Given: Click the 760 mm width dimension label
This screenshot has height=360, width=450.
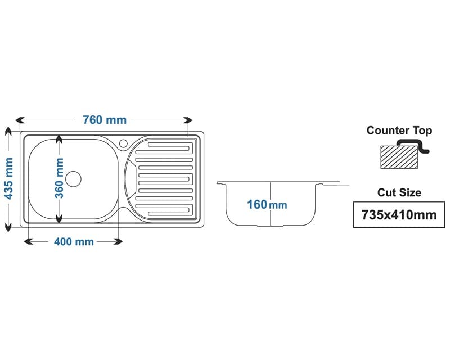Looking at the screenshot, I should pyautogui.click(x=105, y=120).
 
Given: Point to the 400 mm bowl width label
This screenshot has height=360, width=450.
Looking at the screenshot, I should pyautogui.click(x=74, y=241).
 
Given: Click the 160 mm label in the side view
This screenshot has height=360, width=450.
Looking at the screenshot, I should pyautogui.click(x=267, y=204).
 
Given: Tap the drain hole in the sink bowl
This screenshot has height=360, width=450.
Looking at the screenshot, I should pyautogui.click(x=73, y=178).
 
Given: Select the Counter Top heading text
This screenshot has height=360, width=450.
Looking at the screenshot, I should pyautogui.click(x=399, y=130).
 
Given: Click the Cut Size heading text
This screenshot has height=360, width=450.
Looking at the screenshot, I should pyautogui.click(x=399, y=192).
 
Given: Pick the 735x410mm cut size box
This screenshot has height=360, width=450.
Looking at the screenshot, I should pyautogui.click(x=399, y=214).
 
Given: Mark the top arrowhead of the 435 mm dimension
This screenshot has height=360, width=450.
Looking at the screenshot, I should pyautogui.click(x=8, y=130).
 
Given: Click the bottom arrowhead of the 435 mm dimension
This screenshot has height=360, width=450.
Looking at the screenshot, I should pyautogui.click(x=8, y=227).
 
